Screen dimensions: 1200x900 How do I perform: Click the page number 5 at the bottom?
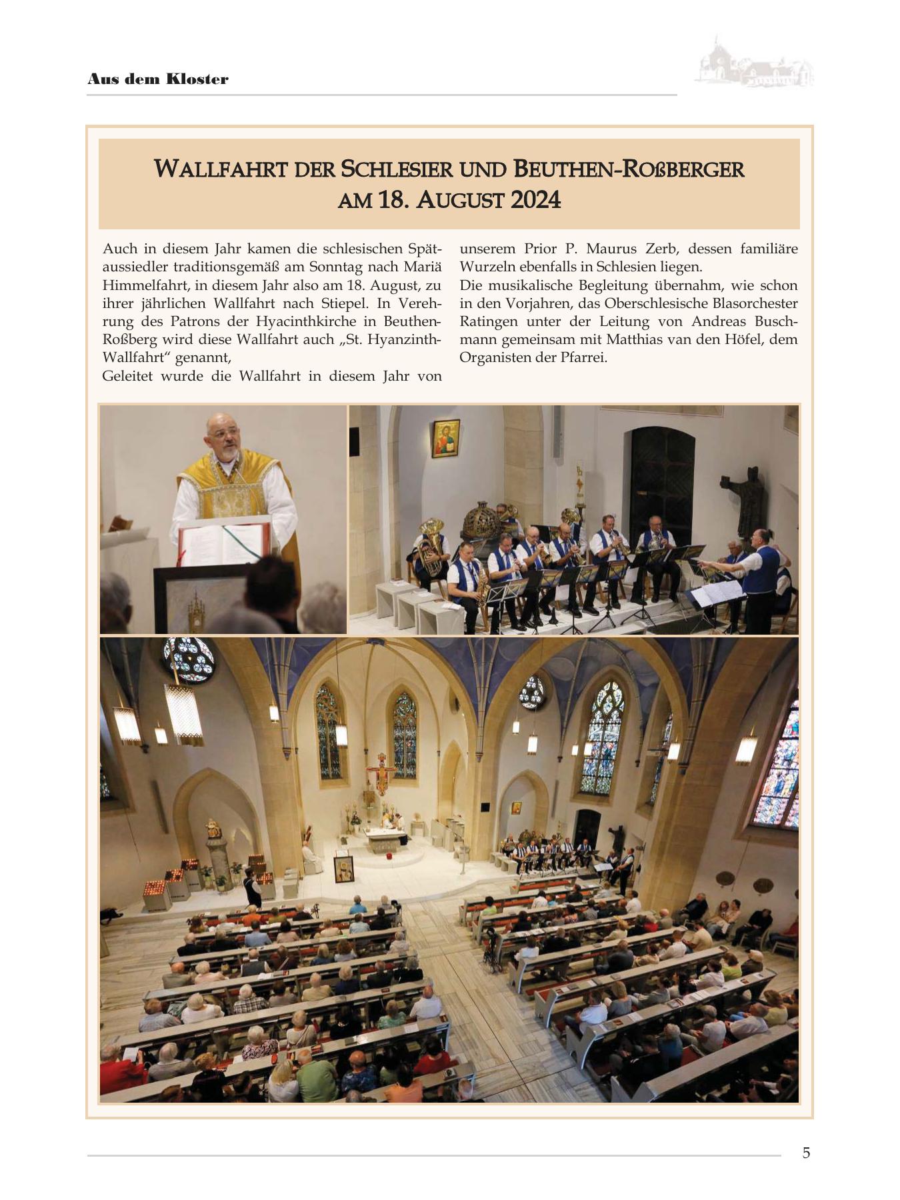(806, 1153)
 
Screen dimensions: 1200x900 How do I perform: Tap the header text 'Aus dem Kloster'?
(157, 79)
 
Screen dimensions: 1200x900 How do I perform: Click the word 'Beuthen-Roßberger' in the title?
(628, 169)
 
